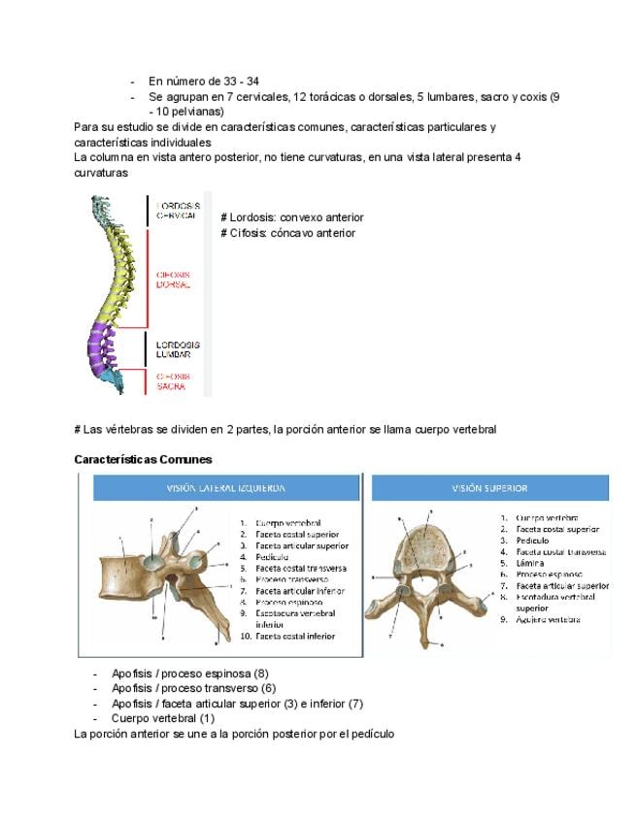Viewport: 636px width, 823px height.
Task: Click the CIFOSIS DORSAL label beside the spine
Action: [174, 280]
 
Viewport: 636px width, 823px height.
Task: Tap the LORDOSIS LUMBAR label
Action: [178, 349]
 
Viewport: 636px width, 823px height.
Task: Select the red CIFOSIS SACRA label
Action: [174, 381]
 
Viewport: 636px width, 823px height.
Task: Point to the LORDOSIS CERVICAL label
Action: [178, 211]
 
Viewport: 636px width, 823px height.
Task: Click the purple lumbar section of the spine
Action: [101, 347]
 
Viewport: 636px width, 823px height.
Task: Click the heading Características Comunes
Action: [143, 459]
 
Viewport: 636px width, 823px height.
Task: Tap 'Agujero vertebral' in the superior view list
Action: [548, 620]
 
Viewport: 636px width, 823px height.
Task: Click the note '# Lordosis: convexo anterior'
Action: [291, 217]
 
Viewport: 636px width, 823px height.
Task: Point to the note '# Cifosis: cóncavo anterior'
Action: [287, 233]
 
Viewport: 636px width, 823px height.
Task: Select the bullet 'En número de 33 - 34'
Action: [203, 82]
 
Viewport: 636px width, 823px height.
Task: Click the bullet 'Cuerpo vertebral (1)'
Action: [162, 718]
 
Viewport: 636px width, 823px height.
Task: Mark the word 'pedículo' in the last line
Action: [369, 734]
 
